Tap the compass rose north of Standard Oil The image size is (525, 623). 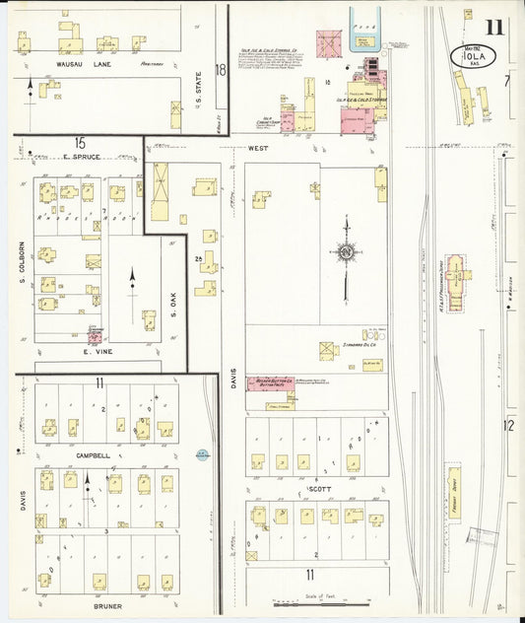[x=346, y=253]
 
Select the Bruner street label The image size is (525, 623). [x=108, y=605]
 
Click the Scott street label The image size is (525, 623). [x=317, y=489]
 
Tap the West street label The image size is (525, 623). [x=259, y=148]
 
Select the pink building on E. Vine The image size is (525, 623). [x=95, y=336]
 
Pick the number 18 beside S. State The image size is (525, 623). [x=221, y=70]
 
